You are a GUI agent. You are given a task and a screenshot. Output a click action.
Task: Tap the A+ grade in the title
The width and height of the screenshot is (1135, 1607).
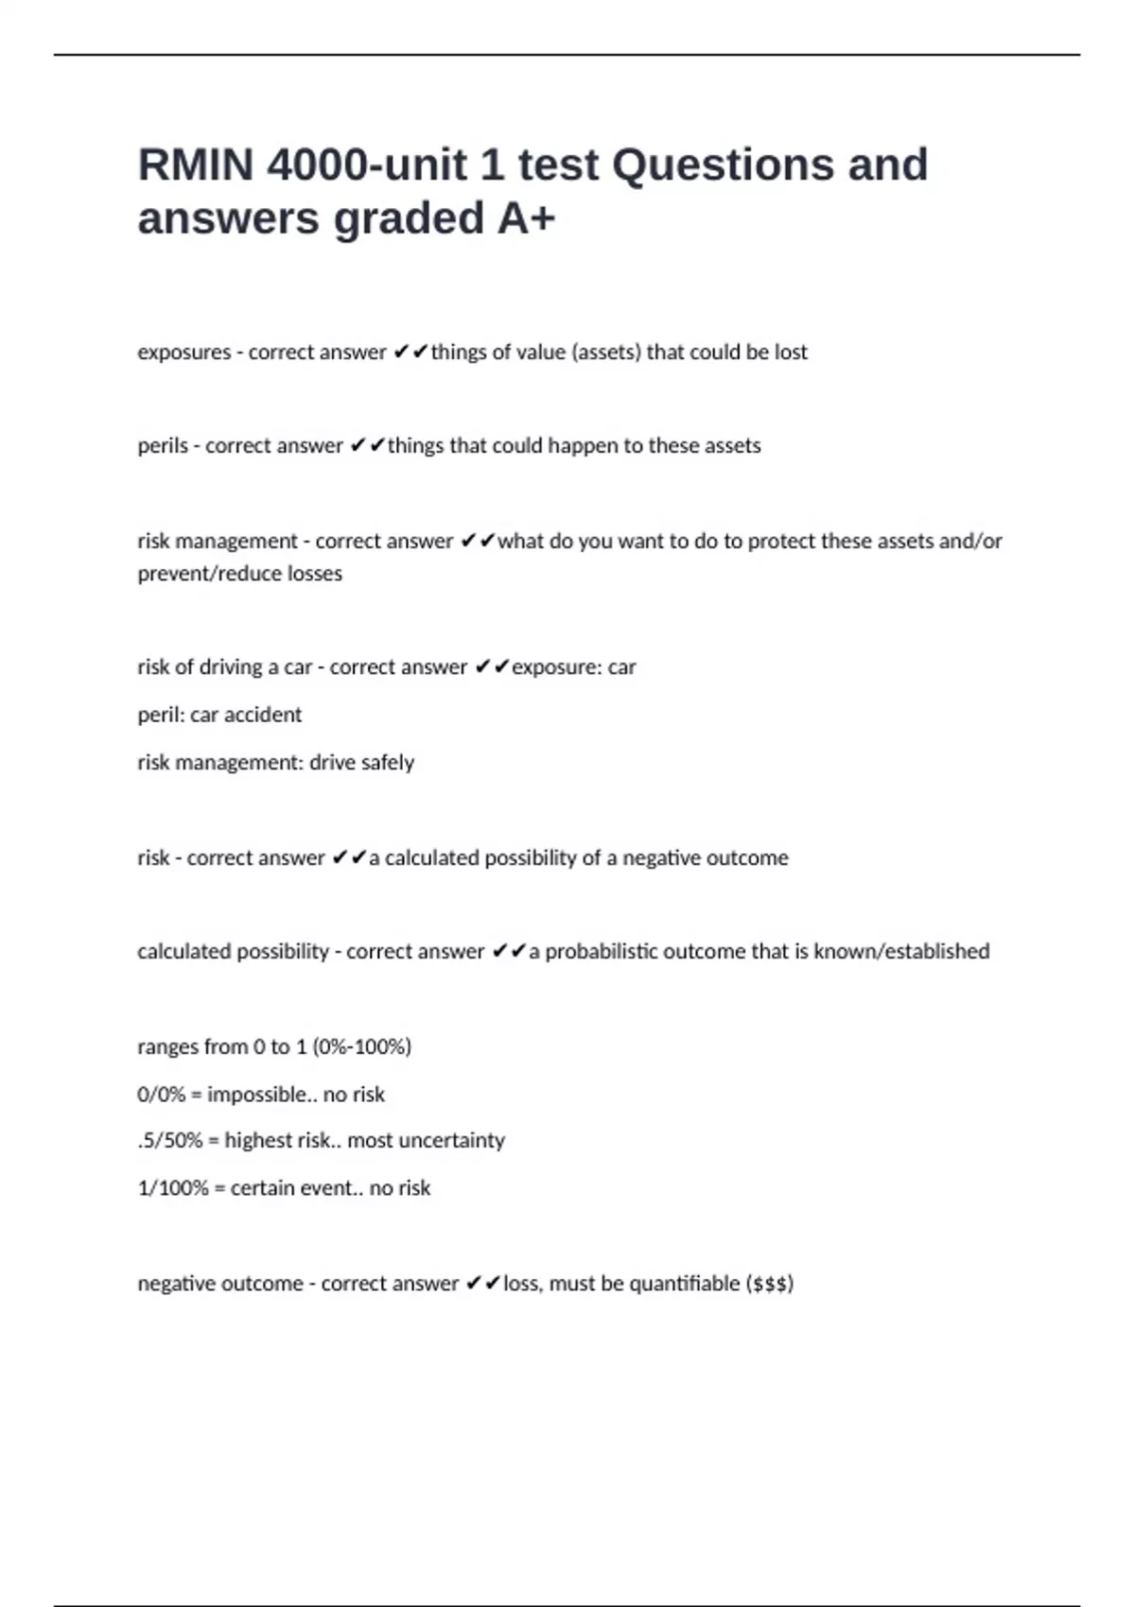pos(526,218)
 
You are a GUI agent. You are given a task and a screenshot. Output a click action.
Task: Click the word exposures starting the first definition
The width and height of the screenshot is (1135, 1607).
pos(183,353)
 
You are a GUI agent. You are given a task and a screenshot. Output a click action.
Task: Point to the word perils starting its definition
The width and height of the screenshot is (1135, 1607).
pos(163,446)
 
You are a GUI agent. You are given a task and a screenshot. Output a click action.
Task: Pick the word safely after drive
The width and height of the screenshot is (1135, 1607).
pos(388,763)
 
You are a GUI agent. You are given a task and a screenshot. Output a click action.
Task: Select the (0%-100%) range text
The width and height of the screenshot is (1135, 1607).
pos(361,1047)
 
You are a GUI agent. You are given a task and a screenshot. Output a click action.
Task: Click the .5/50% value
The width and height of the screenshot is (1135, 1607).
pos(170,1141)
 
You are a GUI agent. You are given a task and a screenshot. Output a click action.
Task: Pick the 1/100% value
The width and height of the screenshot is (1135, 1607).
pos(172,1188)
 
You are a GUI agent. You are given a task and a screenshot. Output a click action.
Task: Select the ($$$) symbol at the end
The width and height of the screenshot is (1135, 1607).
pos(769,1284)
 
